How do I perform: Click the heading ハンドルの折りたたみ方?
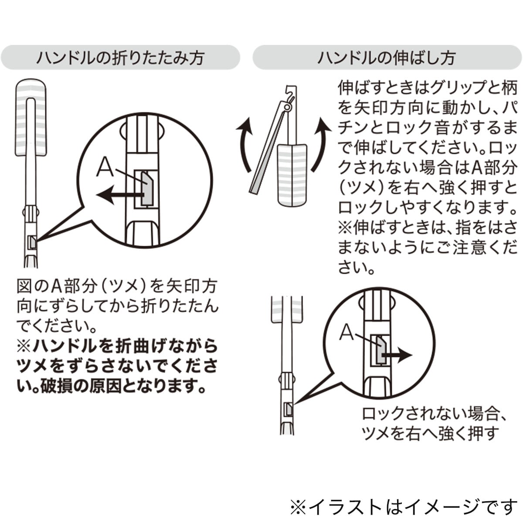pyautogui.click(x=120, y=58)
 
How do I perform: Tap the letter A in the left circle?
pyautogui.click(x=105, y=167)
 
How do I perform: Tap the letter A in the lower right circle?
pyautogui.click(x=347, y=333)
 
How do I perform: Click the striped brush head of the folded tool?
pyautogui.click(x=292, y=174)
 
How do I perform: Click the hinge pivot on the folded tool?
pyautogui.click(x=286, y=107)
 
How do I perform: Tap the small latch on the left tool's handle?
pyautogui.click(x=31, y=242)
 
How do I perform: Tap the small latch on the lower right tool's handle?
pyautogui.click(x=287, y=409)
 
